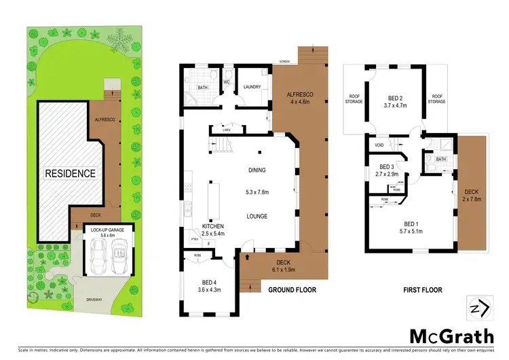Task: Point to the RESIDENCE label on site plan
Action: (70, 173)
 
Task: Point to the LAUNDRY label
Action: (252, 86)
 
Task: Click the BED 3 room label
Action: (388, 170)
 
